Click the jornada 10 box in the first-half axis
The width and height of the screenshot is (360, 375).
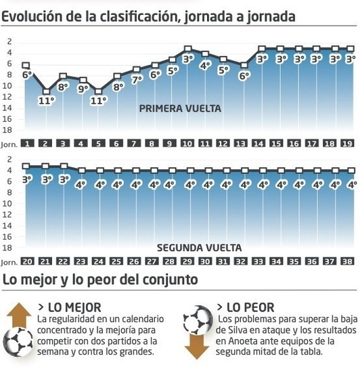tap(187, 144)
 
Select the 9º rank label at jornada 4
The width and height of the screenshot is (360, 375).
tap(83, 88)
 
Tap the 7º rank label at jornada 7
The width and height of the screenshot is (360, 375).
tap(136, 79)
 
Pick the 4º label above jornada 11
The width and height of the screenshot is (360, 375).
tap(206, 65)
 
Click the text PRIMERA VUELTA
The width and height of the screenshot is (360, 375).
tap(180, 108)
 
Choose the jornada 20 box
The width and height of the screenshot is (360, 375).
tap(28, 261)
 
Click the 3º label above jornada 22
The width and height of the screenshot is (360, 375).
tap(64, 179)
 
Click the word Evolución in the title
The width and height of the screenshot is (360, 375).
tap(33, 16)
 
